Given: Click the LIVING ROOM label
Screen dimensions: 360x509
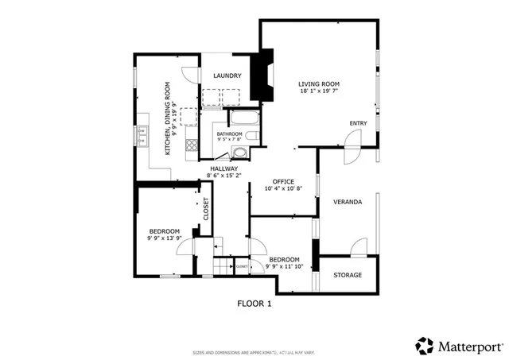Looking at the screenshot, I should click(319, 83).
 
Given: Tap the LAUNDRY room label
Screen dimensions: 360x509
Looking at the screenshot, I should click(227, 76).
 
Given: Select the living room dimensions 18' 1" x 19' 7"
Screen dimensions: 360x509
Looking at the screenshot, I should click(319, 92).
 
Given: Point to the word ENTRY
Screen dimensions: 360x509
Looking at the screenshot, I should click(358, 123).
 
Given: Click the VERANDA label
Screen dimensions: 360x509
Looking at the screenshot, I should click(348, 202).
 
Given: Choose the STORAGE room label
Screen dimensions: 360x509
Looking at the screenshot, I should click(348, 275).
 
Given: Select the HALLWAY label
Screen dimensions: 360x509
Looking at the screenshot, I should click(224, 168).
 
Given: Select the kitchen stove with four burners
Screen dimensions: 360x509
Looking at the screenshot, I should click(191, 145).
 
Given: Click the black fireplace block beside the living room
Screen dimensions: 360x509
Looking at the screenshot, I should click(262, 76).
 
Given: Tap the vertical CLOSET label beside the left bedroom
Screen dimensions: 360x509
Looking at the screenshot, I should click(205, 208).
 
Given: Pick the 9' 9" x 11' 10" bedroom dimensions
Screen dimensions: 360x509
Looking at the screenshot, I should click(284, 267).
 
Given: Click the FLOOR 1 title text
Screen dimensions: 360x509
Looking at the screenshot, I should click(254, 304).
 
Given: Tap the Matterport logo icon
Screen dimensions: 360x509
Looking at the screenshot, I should click(425, 346).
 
